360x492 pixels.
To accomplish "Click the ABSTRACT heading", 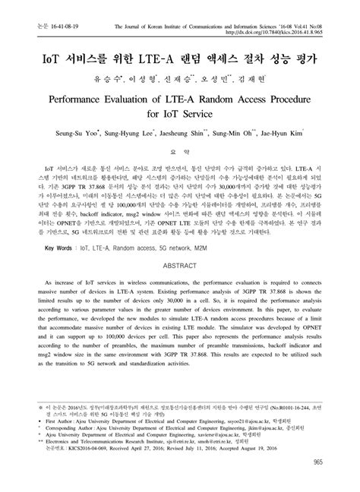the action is tap(180, 266).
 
